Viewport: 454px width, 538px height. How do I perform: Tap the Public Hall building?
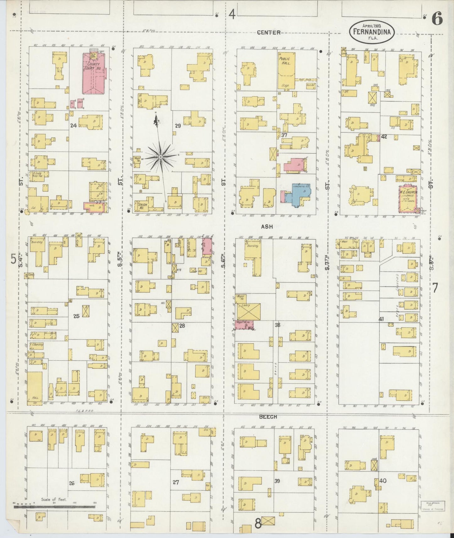coord(286,71)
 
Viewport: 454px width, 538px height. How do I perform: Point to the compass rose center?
coord(161,156)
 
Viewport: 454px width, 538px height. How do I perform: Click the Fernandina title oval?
coord(371,32)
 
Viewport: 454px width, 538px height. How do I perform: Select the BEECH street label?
coord(268,417)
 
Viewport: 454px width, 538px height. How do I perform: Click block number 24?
coord(73,126)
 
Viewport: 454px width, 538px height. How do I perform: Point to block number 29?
coord(178,126)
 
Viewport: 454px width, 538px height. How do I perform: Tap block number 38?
coord(277,325)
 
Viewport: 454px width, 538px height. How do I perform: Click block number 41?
coord(381,319)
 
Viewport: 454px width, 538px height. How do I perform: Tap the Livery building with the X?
coord(248,312)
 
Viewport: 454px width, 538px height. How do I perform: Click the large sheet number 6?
coord(437,19)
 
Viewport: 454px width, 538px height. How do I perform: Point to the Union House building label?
coord(143,206)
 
